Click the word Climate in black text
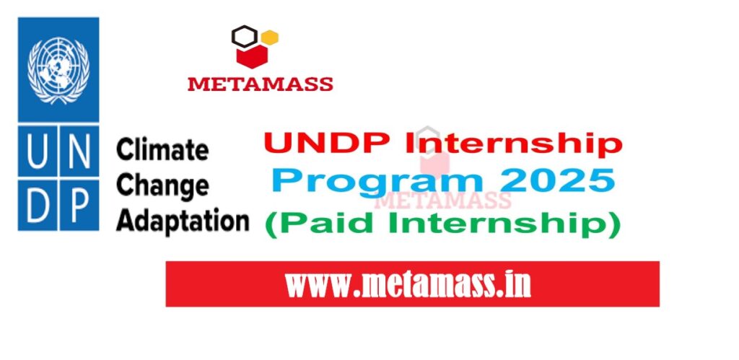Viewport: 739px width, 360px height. pyautogui.click(x=162, y=152)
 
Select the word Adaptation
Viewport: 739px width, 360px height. pyautogui.click(x=182, y=220)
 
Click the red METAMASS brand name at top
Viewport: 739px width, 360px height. pyautogui.click(x=260, y=84)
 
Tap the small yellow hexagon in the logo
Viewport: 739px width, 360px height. pyautogui.click(x=270, y=38)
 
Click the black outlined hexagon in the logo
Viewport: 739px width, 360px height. pyautogui.click(x=245, y=35)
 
